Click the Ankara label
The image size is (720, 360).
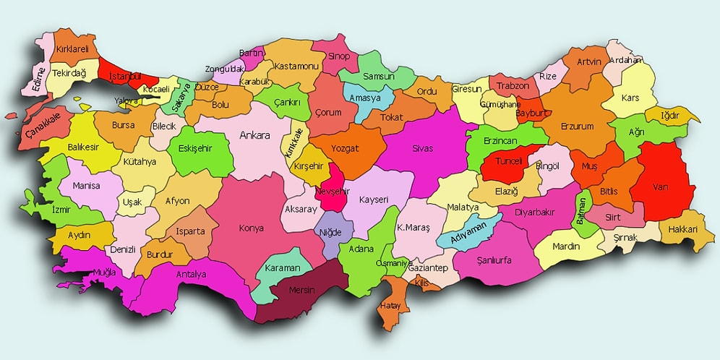[x=254, y=135]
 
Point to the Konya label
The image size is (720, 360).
[x=252, y=228]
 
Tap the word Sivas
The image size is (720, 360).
[x=422, y=148]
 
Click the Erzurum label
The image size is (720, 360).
[x=577, y=127]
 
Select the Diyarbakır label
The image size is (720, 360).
[x=535, y=213]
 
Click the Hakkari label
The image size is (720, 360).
[x=682, y=229]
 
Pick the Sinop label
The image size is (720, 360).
[x=339, y=56]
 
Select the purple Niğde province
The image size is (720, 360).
[x=330, y=233]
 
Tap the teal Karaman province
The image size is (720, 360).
[x=282, y=267]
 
